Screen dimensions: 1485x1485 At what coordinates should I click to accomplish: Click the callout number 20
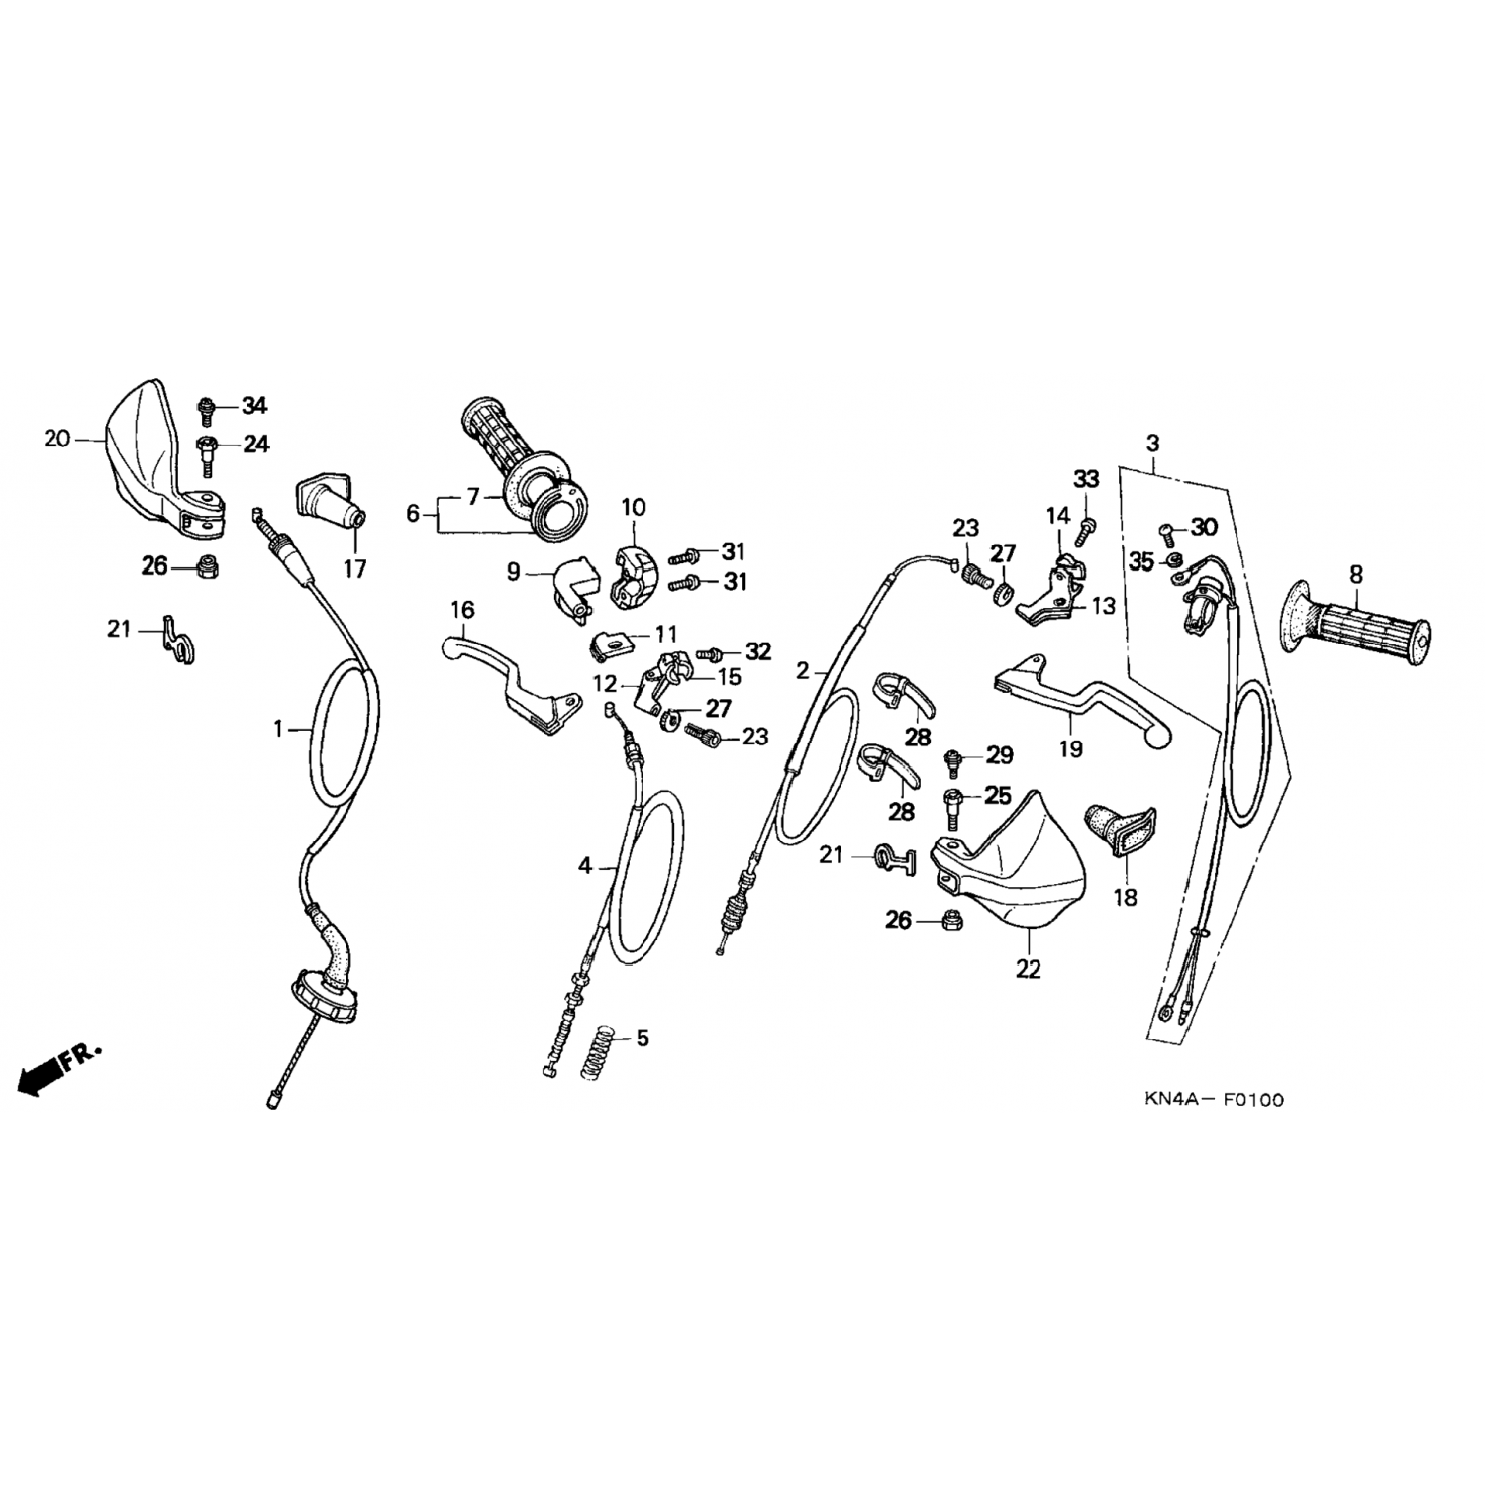[57, 437]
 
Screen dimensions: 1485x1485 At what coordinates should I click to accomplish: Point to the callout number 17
[354, 569]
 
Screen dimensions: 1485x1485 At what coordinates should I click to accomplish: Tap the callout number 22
[1029, 969]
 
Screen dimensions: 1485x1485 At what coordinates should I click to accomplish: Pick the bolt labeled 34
[208, 406]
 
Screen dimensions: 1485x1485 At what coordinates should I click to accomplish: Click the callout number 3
[1152, 443]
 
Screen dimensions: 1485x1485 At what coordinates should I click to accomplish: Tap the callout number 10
[633, 508]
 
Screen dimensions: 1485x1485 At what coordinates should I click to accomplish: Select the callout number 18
[1125, 897]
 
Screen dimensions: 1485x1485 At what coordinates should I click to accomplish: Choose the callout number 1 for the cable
[279, 730]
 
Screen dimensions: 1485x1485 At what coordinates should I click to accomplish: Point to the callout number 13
[1103, 605]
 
